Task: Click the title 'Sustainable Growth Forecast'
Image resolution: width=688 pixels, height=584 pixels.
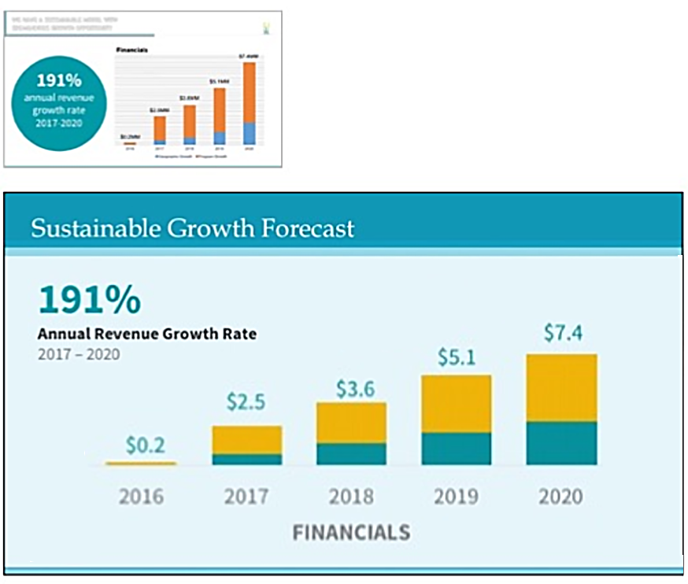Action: [192, 229]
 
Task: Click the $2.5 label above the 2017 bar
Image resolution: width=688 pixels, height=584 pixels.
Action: [246, 402]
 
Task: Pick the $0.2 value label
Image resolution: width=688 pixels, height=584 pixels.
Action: [146, 445]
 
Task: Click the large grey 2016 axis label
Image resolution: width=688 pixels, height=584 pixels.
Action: [142, 497]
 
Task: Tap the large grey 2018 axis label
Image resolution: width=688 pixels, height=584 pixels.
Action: [351, 497]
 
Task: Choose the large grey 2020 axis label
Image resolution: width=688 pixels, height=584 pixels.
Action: [561, 497]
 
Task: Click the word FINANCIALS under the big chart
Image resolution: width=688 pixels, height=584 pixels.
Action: [351, 533]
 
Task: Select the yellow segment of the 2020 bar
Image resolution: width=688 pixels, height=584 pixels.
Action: [561, 388]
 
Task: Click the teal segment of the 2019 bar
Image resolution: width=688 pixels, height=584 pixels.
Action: [457, 449]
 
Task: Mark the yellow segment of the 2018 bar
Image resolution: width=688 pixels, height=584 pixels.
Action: [351, 423]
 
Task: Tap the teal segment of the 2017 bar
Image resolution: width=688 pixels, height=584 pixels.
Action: [246, 459]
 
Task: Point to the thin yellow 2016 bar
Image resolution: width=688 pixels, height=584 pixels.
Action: [141, 464]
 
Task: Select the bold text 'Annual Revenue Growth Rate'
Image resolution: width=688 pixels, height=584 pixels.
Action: [147, 334]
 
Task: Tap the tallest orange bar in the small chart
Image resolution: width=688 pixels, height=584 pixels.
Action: [250, 93]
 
